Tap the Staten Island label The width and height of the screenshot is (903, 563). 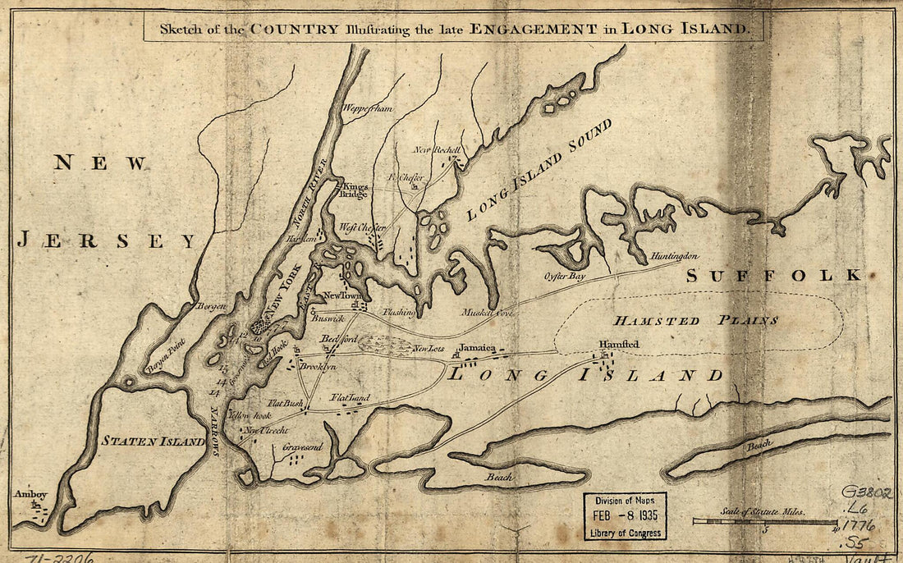(x=153, y=442)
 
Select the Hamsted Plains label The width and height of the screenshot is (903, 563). (x=694, y=320)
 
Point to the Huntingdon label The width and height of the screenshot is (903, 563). (x=674, y=257)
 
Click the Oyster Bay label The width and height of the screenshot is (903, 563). (x=565, y=277)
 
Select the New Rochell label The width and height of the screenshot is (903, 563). (x=436, y=150)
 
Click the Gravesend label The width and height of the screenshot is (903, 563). (x=302, y=447)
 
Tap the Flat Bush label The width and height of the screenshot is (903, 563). (x=286, y=404)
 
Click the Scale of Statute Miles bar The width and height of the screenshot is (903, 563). (x=764, y=521)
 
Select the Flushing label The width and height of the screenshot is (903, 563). (x=399, y=313)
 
